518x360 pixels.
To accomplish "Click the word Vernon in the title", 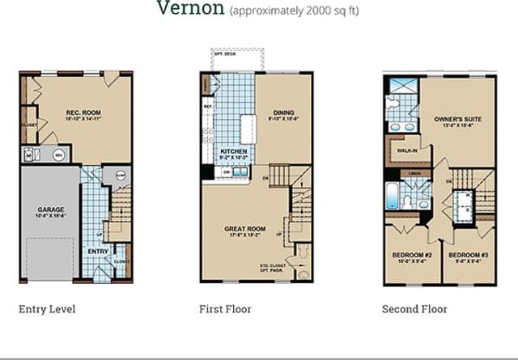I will pos(191,10).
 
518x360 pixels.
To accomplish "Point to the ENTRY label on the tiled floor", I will pos(98,252).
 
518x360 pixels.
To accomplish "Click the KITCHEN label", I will pos(234,151).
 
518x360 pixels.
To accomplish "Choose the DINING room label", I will pos(283,112).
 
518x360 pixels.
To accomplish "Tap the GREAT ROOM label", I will pos(244,229).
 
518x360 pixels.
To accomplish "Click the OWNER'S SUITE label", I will pos(458,119).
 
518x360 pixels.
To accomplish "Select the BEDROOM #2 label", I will pos(410,256).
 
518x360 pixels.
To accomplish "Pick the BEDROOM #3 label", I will pos(469,256).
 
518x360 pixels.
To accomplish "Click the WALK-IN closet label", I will pos(406,150).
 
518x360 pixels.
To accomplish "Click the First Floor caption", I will pos(225,309).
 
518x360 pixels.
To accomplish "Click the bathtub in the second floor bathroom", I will pos(392,197).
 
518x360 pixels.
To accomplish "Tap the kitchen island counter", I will pos(247,129).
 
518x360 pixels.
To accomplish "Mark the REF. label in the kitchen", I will pos(208,106).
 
